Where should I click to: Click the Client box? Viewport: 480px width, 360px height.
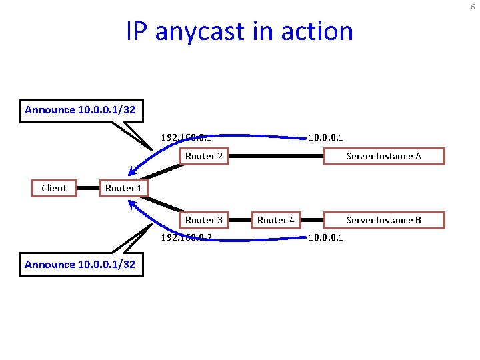pyautogui.click(x=54, y=188)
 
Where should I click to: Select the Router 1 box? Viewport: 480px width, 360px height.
pyautogui.click(x=123, y=188)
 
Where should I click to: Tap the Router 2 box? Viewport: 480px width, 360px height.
pyautogui.click(x=203, y=156)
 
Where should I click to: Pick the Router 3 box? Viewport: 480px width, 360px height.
pyautogui.click(x=203, y=220)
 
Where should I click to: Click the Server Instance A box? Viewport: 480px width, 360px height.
pyautogui.click(x=384, y=156)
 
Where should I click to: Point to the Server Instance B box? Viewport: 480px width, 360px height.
pyautogui.click(x=384, y=220)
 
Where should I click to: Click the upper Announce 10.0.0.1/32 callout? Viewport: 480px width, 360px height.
pyautogui.click(x=80, y=110)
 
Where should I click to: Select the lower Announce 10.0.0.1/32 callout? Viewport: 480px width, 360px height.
pyautogui.click(x=80, y=265)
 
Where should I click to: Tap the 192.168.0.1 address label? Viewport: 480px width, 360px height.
pyautogui.click(x=186, y=139)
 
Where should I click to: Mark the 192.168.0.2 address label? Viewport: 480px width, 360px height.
pyautogui.click(x=186, y=237)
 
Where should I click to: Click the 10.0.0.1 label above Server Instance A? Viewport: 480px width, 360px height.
pyautogui.click(x=325, y=139)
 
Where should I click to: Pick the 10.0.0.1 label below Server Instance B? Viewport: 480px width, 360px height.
pyautogui.click(x=325, y=237)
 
